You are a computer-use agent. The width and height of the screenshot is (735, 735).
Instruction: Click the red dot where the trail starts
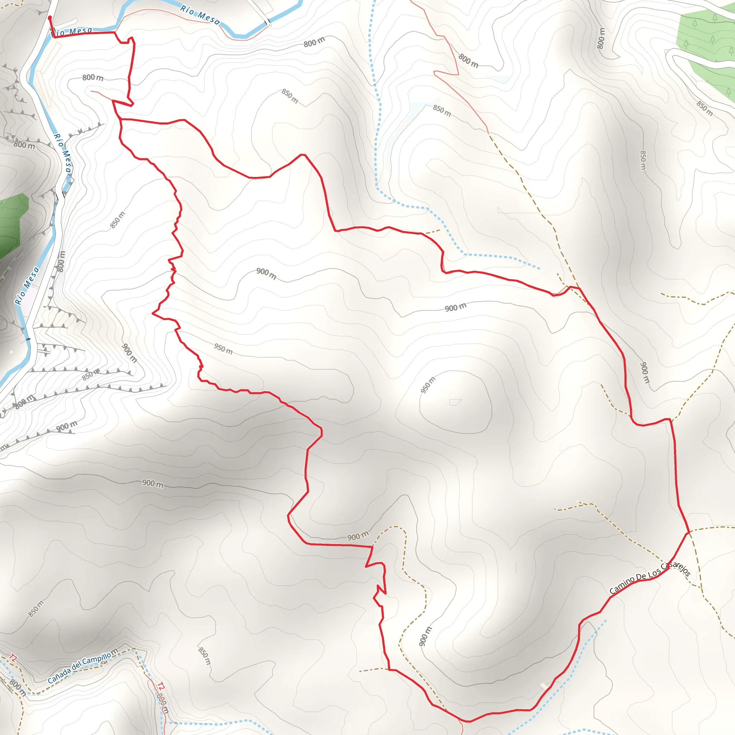coord(50,18)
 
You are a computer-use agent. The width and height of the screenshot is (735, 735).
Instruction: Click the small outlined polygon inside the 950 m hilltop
coord(455,402)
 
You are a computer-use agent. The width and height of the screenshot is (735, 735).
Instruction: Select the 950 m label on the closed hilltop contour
coord(428,385)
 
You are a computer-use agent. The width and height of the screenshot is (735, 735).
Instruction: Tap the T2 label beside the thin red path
coord(161,686)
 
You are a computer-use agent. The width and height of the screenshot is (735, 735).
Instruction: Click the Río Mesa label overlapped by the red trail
coord(71,31)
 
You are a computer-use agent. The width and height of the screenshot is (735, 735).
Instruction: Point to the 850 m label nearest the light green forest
coord(704,108)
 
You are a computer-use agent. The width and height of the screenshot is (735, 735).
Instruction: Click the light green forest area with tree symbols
coord(704,42)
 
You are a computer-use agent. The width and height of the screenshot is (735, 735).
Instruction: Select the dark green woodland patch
coord(11,224)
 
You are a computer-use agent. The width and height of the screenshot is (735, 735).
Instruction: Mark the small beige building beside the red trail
coord(544,685)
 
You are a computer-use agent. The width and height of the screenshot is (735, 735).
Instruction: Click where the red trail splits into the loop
coord(121,120)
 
